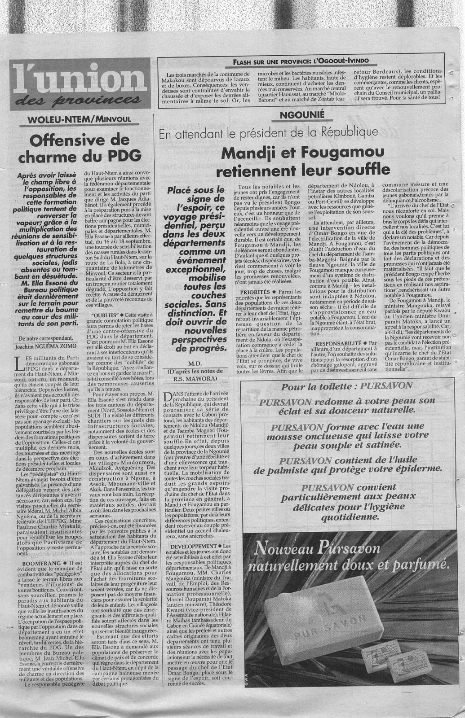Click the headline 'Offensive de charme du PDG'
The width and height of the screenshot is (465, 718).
pyautogui.click(x=79, y=148)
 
